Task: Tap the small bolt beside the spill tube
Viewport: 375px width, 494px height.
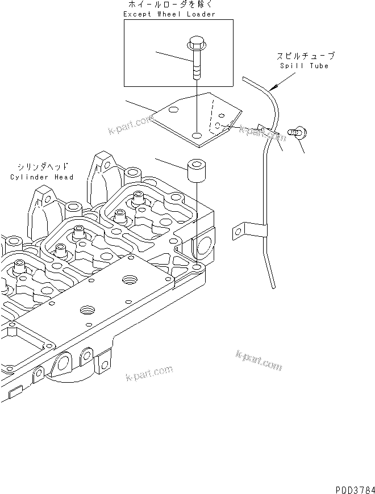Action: pyautogui.click(x=296, y=133)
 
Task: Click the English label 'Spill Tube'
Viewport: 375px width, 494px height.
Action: pyautogui.click(x=304, y=66)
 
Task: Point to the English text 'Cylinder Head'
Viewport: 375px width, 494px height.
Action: pyautogui.click(x=42, y=177)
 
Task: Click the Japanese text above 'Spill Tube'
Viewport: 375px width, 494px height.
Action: pyautogui.click(x=305, y=56)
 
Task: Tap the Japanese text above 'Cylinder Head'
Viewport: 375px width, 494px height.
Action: pyautogui.click(x=43, y=167)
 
